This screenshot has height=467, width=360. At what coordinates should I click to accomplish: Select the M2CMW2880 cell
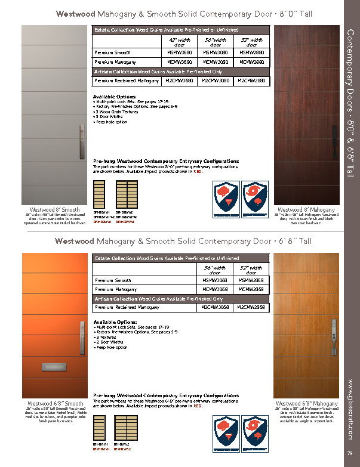click(251, 80)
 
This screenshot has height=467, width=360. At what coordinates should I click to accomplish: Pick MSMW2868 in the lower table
click(251, 280)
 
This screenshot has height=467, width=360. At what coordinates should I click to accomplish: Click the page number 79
click(348, 457)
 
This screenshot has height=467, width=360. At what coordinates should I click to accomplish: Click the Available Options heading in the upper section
click(115, 96)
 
